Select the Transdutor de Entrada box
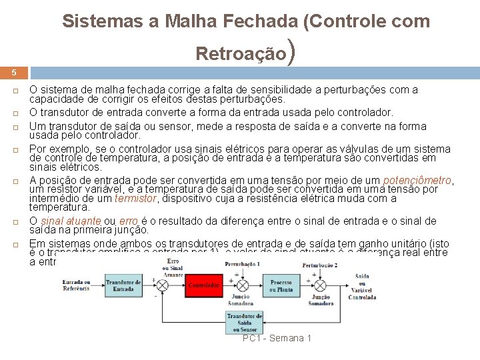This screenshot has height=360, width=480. [124, 285]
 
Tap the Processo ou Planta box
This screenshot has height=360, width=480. [281, 286]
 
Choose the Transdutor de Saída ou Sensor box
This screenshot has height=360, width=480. [245, 321]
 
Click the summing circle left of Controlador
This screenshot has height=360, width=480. [161, 285]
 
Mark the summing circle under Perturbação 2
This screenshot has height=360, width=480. [321, 285]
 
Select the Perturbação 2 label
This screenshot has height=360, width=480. [319, 265]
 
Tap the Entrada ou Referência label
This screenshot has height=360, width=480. [76, 285]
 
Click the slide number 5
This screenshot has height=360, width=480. [14, 72]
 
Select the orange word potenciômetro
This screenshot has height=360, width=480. [417, 180]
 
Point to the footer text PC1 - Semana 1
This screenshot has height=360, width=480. [277, 339]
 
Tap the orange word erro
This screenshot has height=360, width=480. [129, 221]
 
